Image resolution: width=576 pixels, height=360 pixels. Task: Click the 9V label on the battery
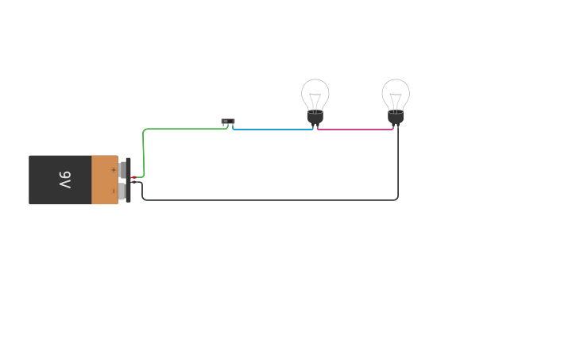(x=65, y=180)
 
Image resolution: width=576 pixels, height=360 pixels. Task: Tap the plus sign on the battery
(x=113, y=169)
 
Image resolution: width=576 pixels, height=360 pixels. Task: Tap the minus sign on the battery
(x=113, y=191)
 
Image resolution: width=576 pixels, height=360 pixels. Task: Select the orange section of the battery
(x=103, y=180)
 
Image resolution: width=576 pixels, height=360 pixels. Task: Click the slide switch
(x=228, y=122)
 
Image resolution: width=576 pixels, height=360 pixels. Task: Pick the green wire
(x=183, y=129)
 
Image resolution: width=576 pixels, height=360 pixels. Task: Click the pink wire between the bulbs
(x=355, y=129)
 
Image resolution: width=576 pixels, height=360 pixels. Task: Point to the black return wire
(x=270, y=199)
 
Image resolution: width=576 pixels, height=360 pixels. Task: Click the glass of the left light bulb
(x=315, y=91)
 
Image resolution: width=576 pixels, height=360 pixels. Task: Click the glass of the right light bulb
(x=396, y=91)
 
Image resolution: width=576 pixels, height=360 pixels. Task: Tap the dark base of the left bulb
(x=315, y=118)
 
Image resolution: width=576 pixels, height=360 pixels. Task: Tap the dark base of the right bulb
(x=396, y=118)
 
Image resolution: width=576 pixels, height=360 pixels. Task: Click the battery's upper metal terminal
(x=122, y=169)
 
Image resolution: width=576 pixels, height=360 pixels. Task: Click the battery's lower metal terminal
(x=122, y=191)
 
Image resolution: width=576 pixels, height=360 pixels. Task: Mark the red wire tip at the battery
(x=133, y=177)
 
